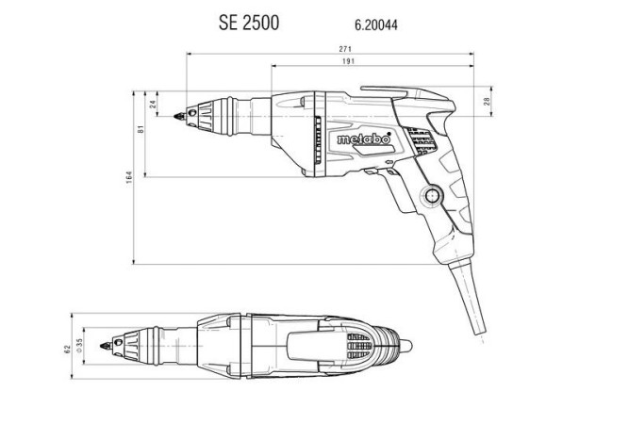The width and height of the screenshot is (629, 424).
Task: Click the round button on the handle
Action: [x=433, y=196]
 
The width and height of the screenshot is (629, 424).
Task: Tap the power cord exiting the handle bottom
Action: [x=472, y=292]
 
